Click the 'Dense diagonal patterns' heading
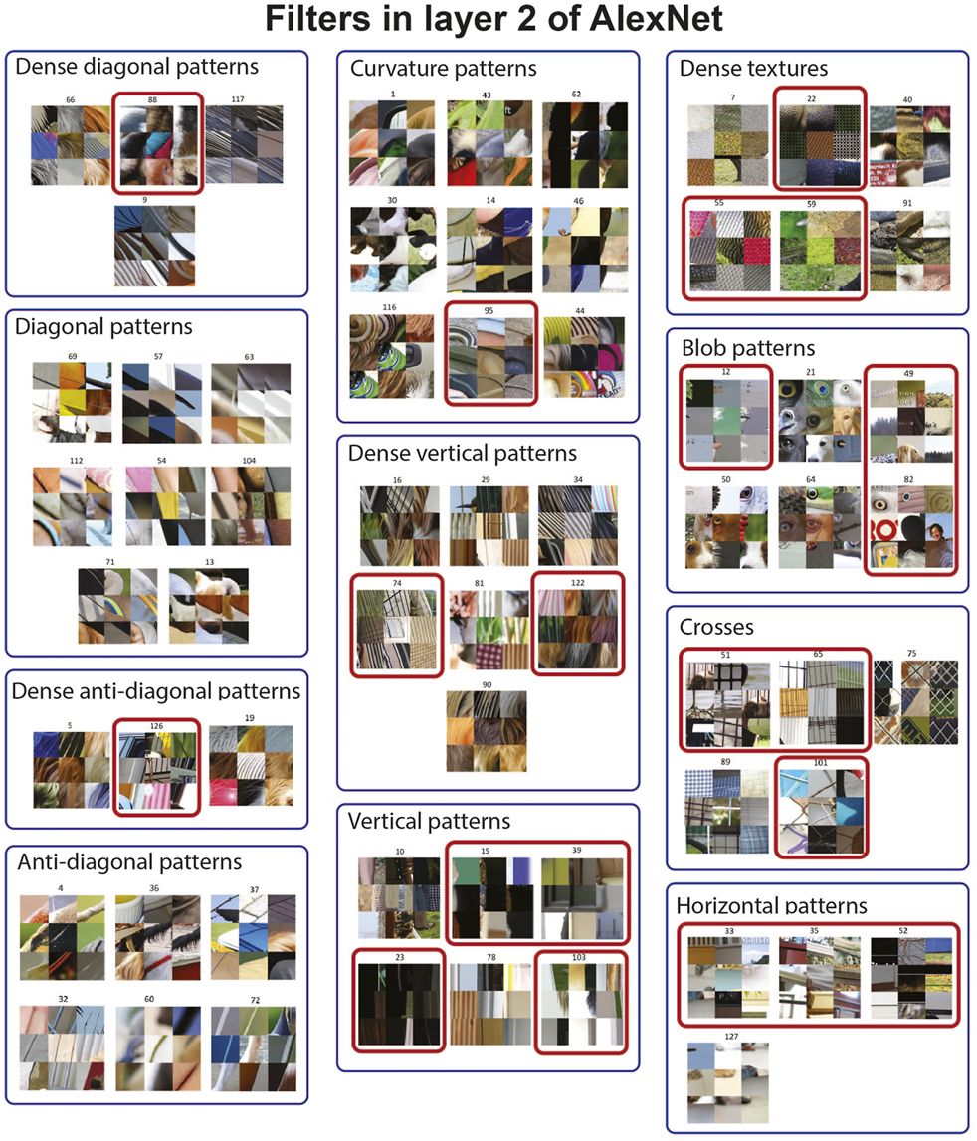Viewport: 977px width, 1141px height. point(137,67)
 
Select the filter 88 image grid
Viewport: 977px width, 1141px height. point(158,145)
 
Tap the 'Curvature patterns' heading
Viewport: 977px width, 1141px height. point(444,69)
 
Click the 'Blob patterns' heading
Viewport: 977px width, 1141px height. point(748,348)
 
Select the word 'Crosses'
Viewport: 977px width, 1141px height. point(716,628)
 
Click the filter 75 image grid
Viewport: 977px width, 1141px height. point(916,702)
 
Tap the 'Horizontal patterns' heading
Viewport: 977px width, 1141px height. point(772,906)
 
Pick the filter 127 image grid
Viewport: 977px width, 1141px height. point(728,1082)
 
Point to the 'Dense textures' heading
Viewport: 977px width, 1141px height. point(753,69)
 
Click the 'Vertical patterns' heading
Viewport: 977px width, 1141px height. point(429,822)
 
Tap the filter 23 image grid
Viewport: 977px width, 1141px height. point(399,1004)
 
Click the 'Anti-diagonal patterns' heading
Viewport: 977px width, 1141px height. point(129,862)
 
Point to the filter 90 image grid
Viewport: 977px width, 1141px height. point(487,730)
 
